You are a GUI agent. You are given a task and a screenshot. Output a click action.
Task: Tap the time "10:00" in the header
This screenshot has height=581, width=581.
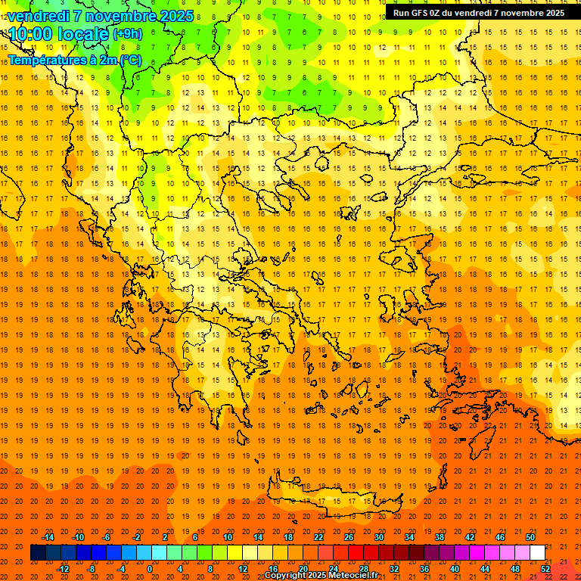pyautogui.click(x=30, y=34)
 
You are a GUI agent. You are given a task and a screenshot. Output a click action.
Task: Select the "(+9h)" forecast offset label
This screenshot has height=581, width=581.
pyautogui.click(x=126, y=34)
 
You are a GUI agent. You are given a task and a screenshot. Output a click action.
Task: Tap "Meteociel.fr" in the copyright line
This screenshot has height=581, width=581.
pyautogui.click(x=353, y=576)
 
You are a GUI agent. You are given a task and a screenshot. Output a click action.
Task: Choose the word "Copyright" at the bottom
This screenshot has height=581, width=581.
pyautogui.click(x=285, y=576)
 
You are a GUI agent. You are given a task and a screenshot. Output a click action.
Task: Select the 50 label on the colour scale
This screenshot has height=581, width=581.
pyautogui.click(x=530, y=536)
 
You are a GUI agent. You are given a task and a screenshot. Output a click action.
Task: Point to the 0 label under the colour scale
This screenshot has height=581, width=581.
pyautogui.click(x=150, y=569)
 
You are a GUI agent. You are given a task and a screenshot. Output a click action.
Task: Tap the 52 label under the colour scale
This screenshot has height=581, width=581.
pyautogui.click(x=545, y=569)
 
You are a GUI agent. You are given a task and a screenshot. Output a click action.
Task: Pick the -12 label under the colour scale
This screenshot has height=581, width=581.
pyautogui.click(x=63, y=569)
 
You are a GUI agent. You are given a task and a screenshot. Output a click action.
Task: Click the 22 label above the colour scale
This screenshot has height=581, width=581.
pyautogui.click(x=318, y=536)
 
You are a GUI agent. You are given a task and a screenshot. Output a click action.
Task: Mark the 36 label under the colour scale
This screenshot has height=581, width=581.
pyautogui.click(x=424, y=569)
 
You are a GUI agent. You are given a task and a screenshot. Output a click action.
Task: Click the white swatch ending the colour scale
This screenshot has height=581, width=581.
pyautogui.click(x=538, y=553)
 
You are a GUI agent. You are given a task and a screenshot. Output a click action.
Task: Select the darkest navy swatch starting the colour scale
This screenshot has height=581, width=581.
pyautogui.click(x=38, y=553)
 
